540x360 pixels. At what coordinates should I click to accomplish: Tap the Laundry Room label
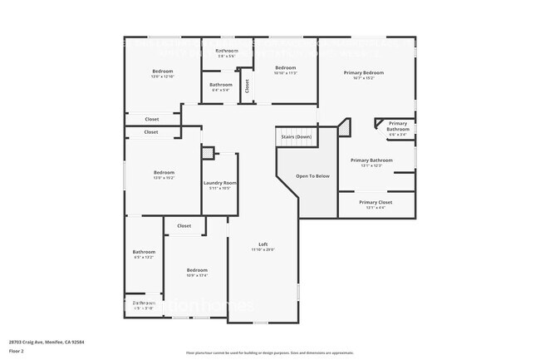[x=220, y=183]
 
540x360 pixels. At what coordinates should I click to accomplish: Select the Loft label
[x=263, y=244]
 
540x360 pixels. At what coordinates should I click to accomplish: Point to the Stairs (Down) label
[x=297, y=136]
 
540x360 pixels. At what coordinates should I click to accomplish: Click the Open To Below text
[x=313, y=176]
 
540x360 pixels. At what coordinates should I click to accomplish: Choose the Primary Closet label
[x=376, y=202]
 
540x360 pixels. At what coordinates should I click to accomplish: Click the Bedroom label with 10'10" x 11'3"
[x=285, y=67]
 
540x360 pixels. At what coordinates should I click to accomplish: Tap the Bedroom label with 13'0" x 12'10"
[x=162, y=71]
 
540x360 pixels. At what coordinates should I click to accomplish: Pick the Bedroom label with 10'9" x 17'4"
[x=197, y=270]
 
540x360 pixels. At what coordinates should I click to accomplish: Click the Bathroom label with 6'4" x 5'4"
[x=221, y=85]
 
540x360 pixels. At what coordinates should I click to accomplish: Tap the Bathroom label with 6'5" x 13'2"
[x=144, y=252]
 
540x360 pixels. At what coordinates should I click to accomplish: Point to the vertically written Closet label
[x=247, y=86]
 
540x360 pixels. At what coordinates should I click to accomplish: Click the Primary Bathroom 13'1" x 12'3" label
[x=371, y=160]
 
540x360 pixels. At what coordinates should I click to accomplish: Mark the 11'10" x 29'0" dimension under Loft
[x=263, y=249]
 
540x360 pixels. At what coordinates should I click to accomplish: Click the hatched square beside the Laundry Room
[x=208, y=153]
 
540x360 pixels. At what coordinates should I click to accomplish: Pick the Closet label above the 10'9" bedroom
[x=184, y=225]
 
